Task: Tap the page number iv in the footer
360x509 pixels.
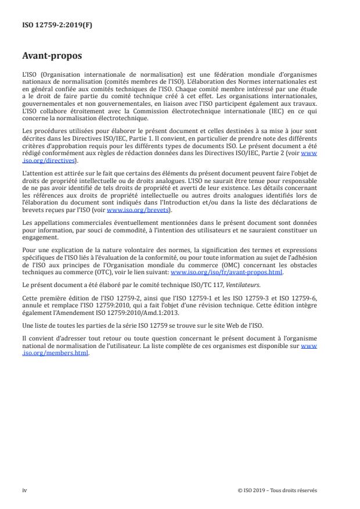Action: click(24, 490)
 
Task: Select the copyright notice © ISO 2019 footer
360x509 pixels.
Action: click(278, 490)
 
